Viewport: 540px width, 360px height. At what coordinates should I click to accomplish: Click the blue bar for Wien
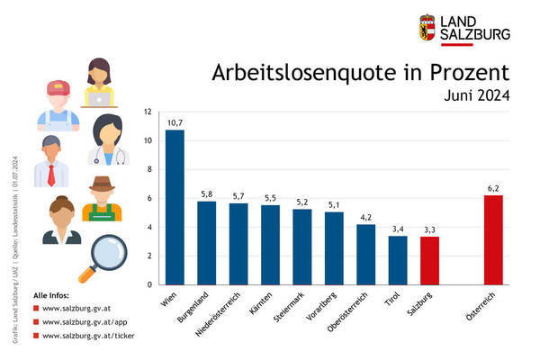[x=175, y=207]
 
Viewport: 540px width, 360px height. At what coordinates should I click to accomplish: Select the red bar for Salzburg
[x=430, y=261]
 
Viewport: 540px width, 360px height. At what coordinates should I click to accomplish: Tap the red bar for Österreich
[x=494, y=240]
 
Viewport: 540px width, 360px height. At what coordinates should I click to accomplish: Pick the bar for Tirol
[x=398, y=260]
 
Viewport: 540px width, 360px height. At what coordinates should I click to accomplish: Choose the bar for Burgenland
[x=206, y=243]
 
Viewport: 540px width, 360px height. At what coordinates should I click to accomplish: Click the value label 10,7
[x=175, y=121]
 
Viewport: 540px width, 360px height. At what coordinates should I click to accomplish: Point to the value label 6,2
[x=494, y=187]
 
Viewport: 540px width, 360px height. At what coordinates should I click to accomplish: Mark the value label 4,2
[x=366, y=216]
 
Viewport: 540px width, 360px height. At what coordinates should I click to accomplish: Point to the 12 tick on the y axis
[x=148, y=112]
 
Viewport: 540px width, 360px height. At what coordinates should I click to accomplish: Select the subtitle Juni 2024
[x=477, y=95]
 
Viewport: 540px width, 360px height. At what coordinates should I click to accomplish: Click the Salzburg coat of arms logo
[x=427, y=27]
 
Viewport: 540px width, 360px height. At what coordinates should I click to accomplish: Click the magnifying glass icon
[x=98, y=256]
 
